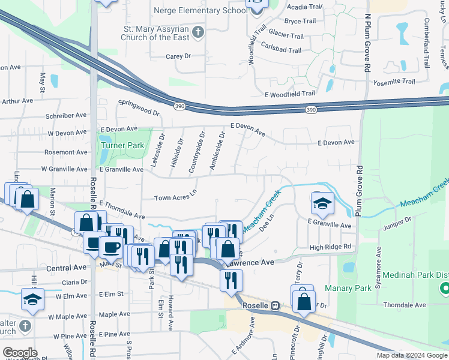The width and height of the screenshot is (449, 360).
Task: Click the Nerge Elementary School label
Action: click(200, 10)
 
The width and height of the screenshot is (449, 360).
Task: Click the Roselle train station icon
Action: click(275, 305)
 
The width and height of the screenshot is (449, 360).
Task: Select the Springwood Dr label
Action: click(140, 107)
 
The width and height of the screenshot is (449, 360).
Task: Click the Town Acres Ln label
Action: click(175, 197)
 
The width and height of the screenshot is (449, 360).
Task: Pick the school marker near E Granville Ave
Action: click(322, 204)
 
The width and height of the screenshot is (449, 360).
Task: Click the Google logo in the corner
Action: click(20, 353)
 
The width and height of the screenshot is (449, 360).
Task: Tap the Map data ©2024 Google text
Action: click(412, 355)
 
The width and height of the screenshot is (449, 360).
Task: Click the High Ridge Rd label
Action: click(330, 247)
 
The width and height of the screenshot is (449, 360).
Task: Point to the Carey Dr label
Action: click(178, 56)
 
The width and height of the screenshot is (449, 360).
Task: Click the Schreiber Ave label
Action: click(66, 115)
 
